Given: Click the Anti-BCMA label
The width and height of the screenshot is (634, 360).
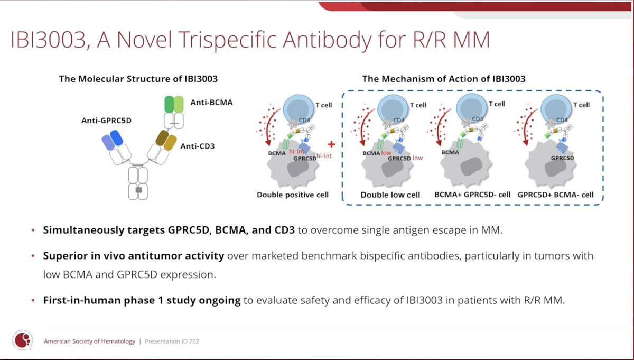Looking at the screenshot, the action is (x=211, y=102).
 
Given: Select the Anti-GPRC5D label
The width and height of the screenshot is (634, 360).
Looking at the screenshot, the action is (x=106, y=121).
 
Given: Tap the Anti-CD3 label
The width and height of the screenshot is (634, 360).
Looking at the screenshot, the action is (x=198, y=146).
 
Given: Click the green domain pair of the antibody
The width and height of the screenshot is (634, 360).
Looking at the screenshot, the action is (x=174, y=104).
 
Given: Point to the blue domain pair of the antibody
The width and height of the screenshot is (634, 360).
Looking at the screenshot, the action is (x=113, y=140).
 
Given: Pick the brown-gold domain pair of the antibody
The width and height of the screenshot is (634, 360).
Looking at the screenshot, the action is (x=166, y=140).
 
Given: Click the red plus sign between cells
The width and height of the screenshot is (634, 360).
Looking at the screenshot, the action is (x=331, y=144).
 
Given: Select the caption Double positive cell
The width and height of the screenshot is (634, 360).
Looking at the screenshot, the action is (x=293, y=195).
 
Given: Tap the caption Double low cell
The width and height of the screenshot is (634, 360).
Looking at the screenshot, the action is (x=390, y=195).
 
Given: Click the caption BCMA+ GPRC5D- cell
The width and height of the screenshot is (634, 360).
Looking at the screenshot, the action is (x=472, y=195).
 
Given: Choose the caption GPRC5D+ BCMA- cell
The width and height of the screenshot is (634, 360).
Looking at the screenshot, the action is (x=556, y=195).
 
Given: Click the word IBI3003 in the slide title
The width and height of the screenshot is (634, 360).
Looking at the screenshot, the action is (x=48, y=40).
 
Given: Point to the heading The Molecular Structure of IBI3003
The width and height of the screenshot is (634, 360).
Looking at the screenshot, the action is (x=138, y=79).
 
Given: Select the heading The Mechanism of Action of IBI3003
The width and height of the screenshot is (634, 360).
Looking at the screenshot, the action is (x=444, y=79).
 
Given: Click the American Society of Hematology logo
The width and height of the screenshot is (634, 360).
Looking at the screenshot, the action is (x=23, y=340).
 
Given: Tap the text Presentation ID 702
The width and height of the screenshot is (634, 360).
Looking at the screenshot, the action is (x=172, y=341).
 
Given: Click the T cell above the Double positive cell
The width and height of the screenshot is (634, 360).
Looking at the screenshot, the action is (x=299, y=109).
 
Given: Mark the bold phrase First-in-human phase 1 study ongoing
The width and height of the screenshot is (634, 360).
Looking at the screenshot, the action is (x=142, y=300).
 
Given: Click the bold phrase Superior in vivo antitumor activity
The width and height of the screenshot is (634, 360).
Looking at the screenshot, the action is (x=134, y=256).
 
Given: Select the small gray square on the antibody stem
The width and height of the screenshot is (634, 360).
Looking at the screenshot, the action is (x=138, y=190).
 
